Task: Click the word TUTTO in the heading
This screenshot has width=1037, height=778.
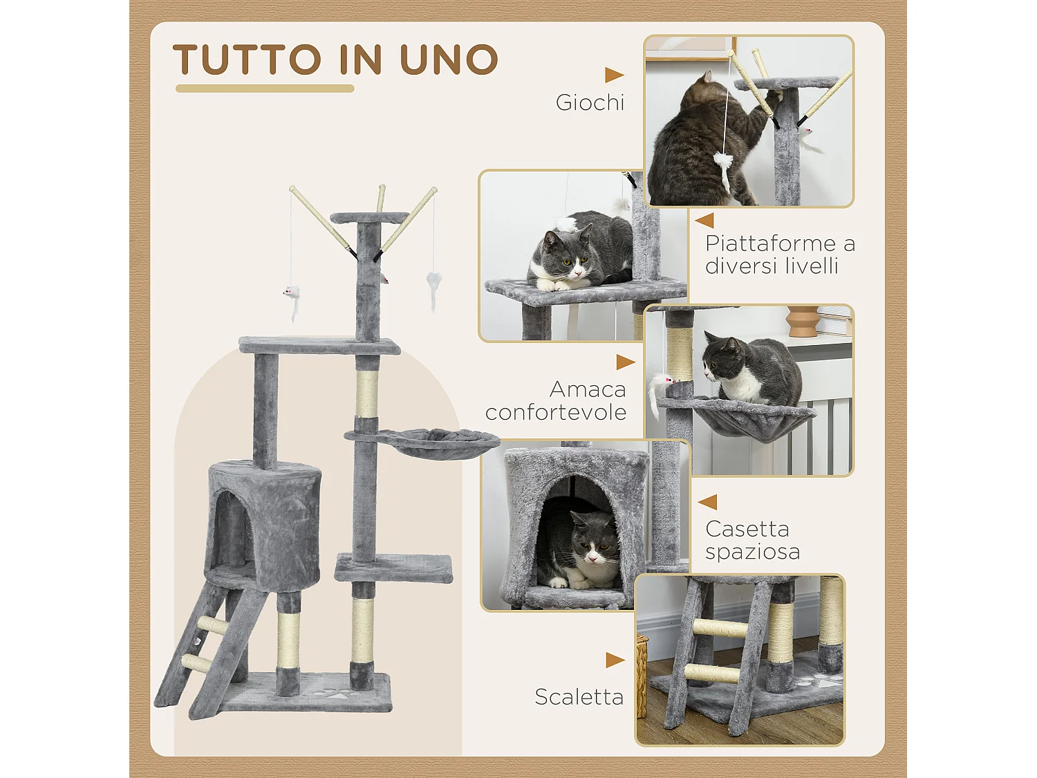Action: tap(247, 59)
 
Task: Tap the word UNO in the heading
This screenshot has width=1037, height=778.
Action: tap(449, 59)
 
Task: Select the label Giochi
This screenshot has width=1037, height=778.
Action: tap(590, 102)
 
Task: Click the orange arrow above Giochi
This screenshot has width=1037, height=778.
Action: tap(613, 75)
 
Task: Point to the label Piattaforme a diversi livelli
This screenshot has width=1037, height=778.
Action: tap(780, 254)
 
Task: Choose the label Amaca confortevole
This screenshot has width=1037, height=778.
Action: tap(557, 400)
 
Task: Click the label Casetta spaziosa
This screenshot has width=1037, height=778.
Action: tap(752, 540)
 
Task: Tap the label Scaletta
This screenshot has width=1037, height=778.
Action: tap(579, 696)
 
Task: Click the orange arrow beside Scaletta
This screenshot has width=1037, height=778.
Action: tap(614, 660)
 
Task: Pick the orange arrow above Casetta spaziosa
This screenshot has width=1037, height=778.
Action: tap(708, 501)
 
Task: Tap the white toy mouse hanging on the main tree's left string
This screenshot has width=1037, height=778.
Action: tap(292, 295)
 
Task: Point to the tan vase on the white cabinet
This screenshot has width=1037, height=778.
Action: tap(802, 321)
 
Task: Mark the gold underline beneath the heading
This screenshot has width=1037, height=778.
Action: tap(265, 89)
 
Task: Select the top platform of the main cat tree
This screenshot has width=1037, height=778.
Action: tap(369, 217)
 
